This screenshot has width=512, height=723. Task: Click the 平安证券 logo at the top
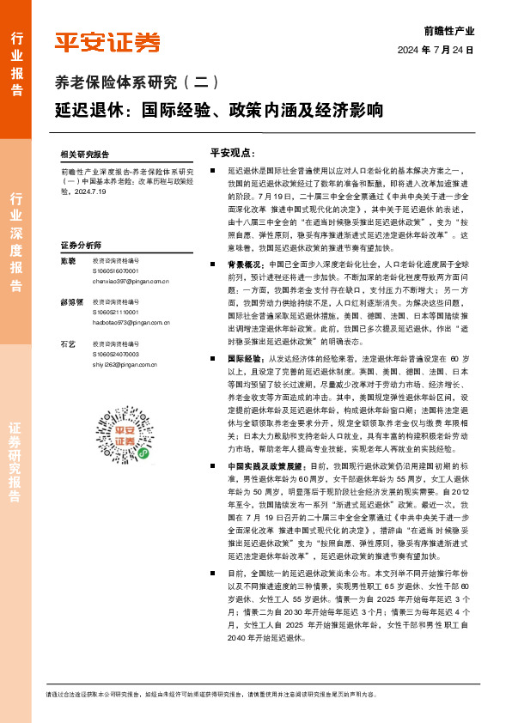click(107, 42)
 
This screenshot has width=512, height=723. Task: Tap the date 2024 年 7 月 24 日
click(436, 51)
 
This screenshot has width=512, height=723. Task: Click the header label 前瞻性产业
click(449, 31)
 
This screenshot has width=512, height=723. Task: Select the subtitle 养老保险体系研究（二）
click(138, 82)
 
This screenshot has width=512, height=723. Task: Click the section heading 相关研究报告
click(85, 155)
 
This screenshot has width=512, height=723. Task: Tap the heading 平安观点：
click(232, 153)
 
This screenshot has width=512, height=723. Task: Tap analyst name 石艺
click(68, 343)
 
